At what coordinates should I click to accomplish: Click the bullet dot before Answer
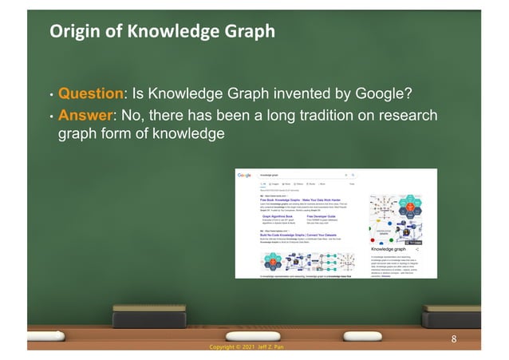click(x=51, y=118)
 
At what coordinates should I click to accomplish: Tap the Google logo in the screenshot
click(x=245, y=175)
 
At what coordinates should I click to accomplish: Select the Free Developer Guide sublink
click(x=323, y=216)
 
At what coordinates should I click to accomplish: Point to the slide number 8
click(x=453, y=338)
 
